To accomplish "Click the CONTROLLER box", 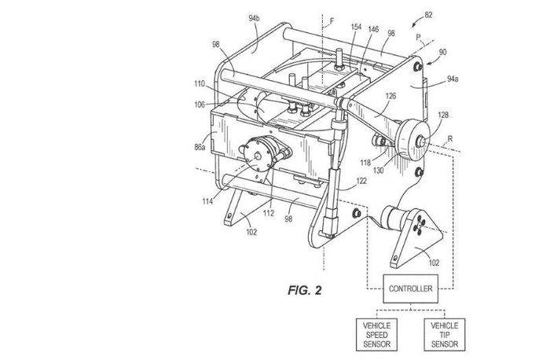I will (409, 289).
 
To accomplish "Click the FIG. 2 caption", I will (303, 289).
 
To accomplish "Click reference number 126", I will (391, 97).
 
